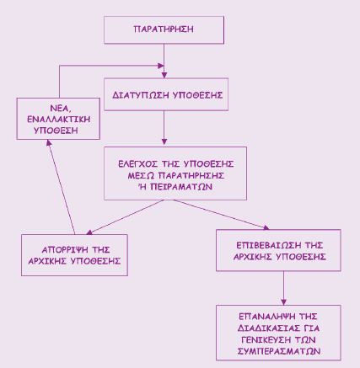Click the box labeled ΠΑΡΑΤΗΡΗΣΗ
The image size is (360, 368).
164,29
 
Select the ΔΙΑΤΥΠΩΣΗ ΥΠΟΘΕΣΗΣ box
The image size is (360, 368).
166,94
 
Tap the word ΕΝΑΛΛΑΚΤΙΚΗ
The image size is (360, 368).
58,119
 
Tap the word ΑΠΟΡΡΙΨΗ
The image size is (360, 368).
64,250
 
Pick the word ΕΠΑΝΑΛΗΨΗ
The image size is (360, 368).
265,317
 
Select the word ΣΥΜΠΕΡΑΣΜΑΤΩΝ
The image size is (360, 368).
279,351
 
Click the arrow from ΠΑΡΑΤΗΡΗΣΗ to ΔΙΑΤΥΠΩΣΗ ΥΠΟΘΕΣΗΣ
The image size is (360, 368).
164,61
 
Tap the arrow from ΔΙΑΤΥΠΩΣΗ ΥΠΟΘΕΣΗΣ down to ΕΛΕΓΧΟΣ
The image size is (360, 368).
164,128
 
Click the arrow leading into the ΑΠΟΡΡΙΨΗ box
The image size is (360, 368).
126,217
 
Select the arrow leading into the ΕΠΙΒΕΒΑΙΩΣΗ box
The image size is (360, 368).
221,215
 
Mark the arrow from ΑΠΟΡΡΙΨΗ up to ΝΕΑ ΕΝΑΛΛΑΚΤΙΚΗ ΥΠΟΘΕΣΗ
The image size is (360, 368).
61,187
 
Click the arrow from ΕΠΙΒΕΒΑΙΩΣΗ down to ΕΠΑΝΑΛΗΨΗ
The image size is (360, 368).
283,288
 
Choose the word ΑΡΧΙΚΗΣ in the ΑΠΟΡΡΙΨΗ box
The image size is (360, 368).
47,261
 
